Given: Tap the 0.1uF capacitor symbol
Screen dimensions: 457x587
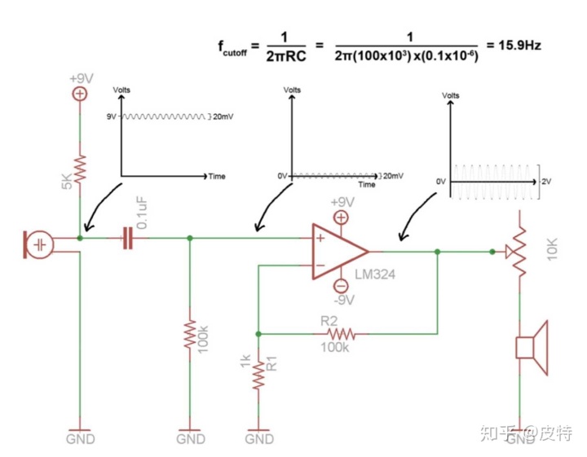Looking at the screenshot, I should [126, 238].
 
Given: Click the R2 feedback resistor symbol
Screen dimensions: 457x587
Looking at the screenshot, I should [341, 333].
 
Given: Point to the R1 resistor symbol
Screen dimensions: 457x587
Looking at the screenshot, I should [258, 375].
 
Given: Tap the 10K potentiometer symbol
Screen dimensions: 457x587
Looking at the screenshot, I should [519, 253].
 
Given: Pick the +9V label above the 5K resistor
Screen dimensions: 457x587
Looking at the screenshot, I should [81, 78].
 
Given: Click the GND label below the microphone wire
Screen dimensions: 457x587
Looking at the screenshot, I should [80, 439].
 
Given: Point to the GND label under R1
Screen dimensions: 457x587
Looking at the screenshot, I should [258, 439].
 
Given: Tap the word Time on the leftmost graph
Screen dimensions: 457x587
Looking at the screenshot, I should [217, 176].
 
